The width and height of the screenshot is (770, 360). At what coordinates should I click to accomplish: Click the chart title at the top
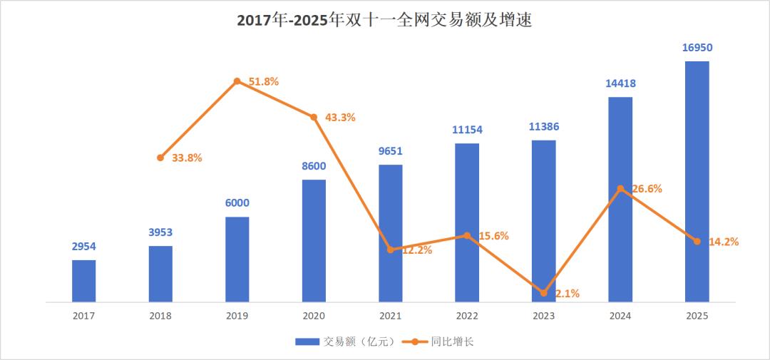[x=384, y=21]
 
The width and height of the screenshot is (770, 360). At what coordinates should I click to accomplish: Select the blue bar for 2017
[x=84, y=281]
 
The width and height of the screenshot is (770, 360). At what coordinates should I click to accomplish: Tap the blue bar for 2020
[x=314, y=241]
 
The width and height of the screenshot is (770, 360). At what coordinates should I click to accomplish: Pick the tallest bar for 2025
[x=697, y=182]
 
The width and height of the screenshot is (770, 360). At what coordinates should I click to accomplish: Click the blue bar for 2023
[x=543, y=221]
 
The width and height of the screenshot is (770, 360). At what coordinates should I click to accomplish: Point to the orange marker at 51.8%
[x=237, y=81]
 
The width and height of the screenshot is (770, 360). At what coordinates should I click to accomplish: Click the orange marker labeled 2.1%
[x=543, y=293]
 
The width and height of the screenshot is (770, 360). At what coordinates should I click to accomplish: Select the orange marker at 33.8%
[x=160, y=158]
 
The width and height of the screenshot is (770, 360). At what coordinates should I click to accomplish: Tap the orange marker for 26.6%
[x=620, y=189]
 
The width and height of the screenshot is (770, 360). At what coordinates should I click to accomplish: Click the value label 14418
[x=620, y=83]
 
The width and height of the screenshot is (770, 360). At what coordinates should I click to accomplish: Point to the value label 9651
[x=390, y=151]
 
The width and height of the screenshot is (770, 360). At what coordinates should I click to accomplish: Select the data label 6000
[x=237, y=203]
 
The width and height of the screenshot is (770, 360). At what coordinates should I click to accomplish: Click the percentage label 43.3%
[x=340, y=118]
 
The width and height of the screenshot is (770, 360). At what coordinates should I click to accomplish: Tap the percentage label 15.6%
[x=493, y=236]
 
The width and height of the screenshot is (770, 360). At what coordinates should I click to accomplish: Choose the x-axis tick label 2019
[x=237, y=316]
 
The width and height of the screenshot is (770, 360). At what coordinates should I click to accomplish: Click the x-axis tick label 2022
[x=467, y=316]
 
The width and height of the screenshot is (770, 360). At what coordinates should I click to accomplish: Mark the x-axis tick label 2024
[x=620, y=316]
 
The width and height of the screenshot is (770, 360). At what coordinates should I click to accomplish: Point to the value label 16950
[x=697, y=48]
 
